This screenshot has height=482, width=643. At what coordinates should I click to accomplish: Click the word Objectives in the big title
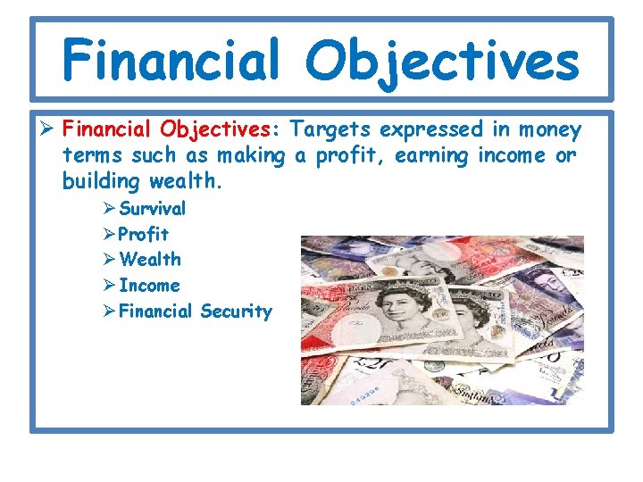(442, 61)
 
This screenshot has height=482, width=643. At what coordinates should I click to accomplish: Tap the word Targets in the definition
(330, 130)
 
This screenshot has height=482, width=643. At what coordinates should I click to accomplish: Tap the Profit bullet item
(143, 234)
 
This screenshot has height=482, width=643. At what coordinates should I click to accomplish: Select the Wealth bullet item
(149, 260)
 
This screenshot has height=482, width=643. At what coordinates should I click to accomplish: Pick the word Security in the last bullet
(236, 312)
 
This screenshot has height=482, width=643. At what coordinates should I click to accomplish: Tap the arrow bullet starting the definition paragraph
(51, 131)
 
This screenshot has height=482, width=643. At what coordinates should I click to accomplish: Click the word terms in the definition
(92, 156)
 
